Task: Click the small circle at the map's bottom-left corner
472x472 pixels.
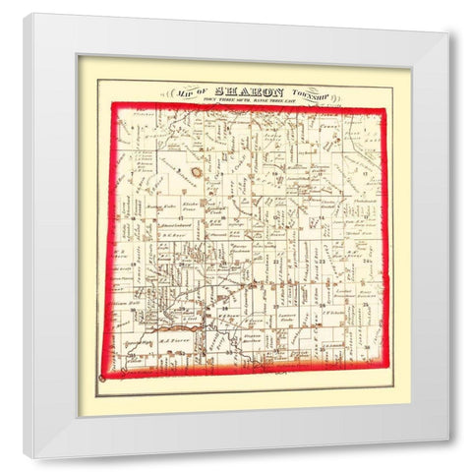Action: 103,378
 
